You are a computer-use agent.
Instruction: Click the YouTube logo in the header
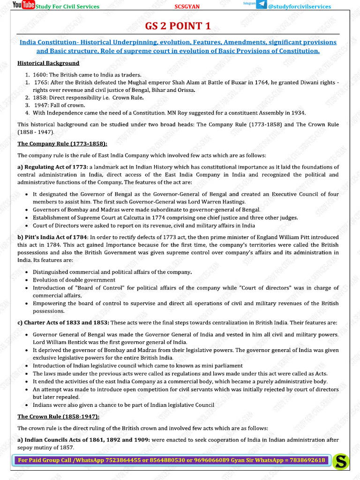pyautogui.click(x=23, y=5)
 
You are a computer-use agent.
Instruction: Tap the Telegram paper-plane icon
pyautogui.click(x=262, y=4)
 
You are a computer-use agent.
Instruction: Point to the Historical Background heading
pyautogui.click(x=48, y=63)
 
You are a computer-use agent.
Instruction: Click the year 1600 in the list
pyautogui.click(x=39, y=75)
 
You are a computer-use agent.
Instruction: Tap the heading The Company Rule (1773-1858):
pyautogui.click(x=62, y=143)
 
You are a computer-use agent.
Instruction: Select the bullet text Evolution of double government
pyautogui.click(x=74, y=280)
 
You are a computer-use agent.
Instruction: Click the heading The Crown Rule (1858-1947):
pyautogui.click(x=59, y=416)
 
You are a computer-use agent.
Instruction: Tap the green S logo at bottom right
pyautogui.click(x=341, y=461)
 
